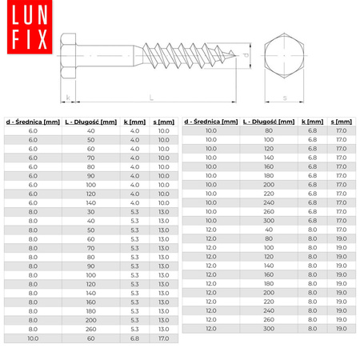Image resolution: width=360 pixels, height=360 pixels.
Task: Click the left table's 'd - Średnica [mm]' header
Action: point(33,122)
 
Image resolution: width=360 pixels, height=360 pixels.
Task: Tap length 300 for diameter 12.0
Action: point(269,329)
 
